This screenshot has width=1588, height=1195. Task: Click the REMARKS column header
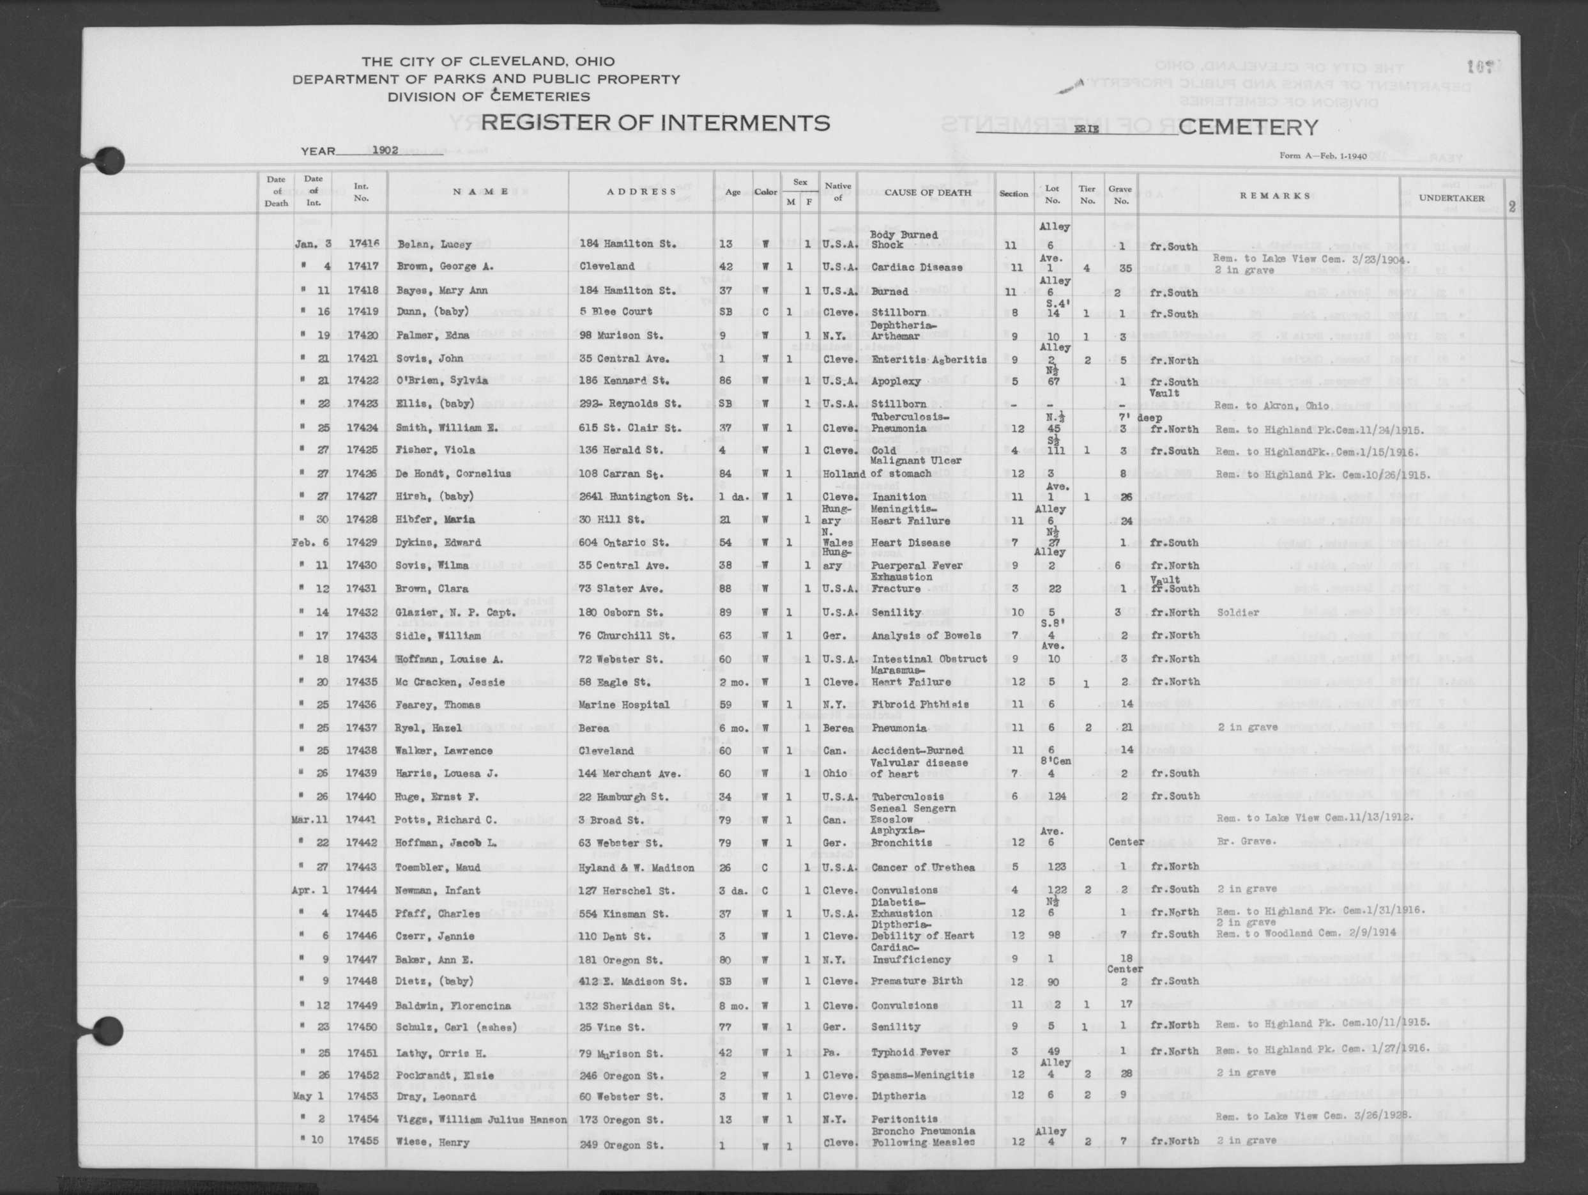pyautogui.click(x=1274, y=196)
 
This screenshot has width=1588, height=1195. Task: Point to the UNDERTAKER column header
pyautogui.click(x=1451, y=198)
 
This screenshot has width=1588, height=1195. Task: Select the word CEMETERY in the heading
pyautogui.click(x=1248, y=127)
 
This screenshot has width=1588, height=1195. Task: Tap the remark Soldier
pyautogui.click(x=1238, y=613)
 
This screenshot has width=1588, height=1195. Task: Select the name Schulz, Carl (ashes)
pyautogui.click(x=456, y=1028)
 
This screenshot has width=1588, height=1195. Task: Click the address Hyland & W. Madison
pyautogui.click(x=636, y=868)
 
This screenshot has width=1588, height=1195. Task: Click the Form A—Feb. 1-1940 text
pyautogui.click(x=1322, y=156)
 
